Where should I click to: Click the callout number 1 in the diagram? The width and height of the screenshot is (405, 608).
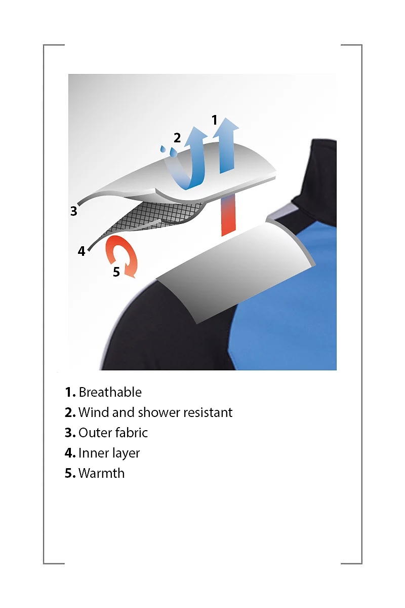214,120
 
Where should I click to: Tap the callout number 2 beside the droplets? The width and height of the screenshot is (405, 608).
177,138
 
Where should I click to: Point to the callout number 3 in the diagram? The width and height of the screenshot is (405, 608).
73,211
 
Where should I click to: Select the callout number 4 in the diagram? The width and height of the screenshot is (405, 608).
82,251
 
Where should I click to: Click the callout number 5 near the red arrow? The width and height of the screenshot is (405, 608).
116,272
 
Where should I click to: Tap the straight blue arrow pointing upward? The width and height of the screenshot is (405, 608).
226,145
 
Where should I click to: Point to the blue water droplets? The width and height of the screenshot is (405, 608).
169,150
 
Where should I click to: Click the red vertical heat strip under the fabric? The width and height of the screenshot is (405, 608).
228,216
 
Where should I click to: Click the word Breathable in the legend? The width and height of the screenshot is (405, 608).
110,392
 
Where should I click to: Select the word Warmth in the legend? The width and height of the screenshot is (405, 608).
101,473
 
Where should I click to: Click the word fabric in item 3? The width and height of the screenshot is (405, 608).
130,433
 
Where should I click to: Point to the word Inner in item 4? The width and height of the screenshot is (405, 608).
91,453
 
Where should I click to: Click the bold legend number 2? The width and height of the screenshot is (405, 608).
70,412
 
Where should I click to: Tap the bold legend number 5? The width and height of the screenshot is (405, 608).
70,473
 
